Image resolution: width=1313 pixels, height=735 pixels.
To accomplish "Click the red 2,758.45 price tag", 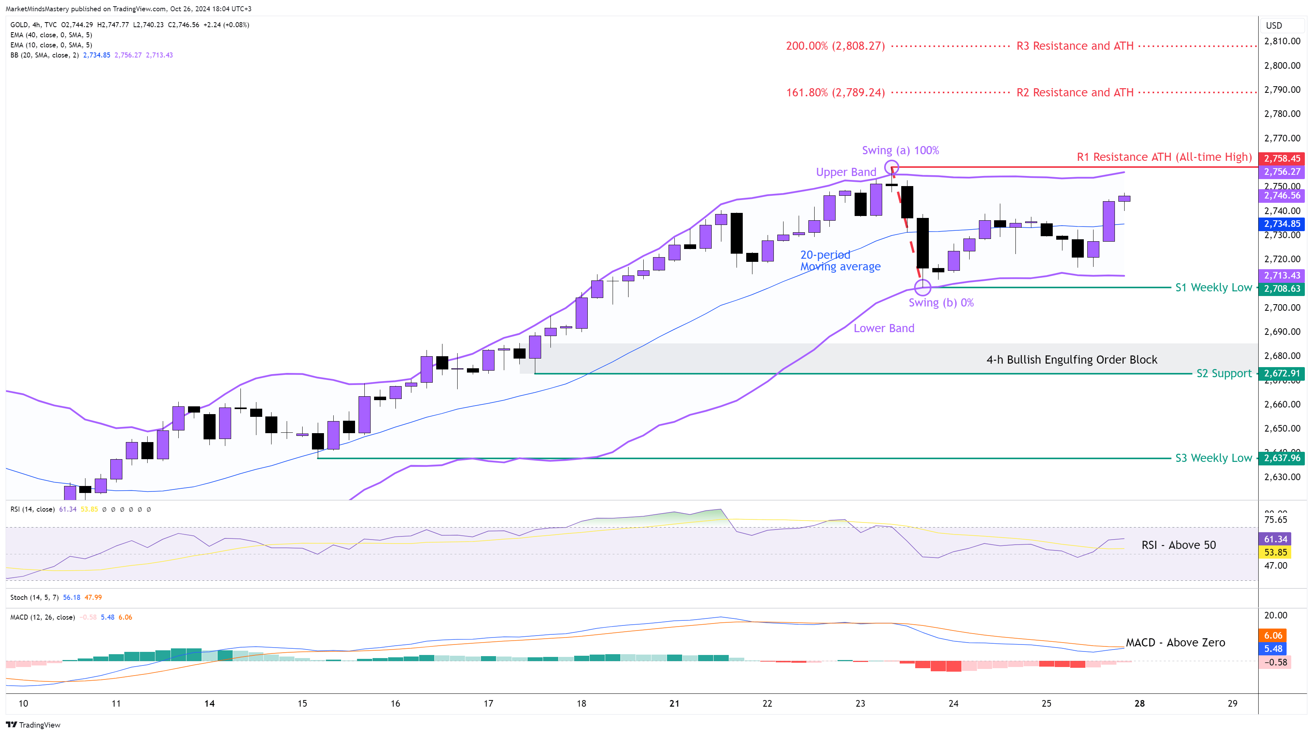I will [x=1282, y=158].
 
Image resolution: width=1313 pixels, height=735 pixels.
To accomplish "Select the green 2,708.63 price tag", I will [x=1282, y=289].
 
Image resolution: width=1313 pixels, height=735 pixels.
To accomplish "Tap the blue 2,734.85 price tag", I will [x=1282, y=224].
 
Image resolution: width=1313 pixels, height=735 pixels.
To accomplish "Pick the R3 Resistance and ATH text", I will [x=1074, y=46].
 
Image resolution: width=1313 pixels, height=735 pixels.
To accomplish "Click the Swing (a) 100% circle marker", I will [x=892, y=167].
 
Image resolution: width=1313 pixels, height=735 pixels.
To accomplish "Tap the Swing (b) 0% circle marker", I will [x=923, y=287].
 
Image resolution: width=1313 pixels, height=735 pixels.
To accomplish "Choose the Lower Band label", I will [x=884, y=328].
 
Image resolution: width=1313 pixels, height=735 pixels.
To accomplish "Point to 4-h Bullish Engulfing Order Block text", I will [x=1071, y=360].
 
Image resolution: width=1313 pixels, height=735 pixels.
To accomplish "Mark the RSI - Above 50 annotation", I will [x=1179, y=545].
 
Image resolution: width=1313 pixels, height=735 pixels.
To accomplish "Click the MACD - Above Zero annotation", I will [x=1175, y=642].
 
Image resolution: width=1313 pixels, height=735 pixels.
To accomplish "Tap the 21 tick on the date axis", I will [x=674, y=704].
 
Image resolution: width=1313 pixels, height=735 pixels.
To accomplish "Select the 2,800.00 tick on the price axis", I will [x=1282, y=65].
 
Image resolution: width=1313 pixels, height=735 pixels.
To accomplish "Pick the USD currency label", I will [x=1274, y=26].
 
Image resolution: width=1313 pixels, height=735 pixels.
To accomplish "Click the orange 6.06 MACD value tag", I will [x=1273, y=635].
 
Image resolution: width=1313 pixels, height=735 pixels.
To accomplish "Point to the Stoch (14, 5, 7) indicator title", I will [x=35, y=597].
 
